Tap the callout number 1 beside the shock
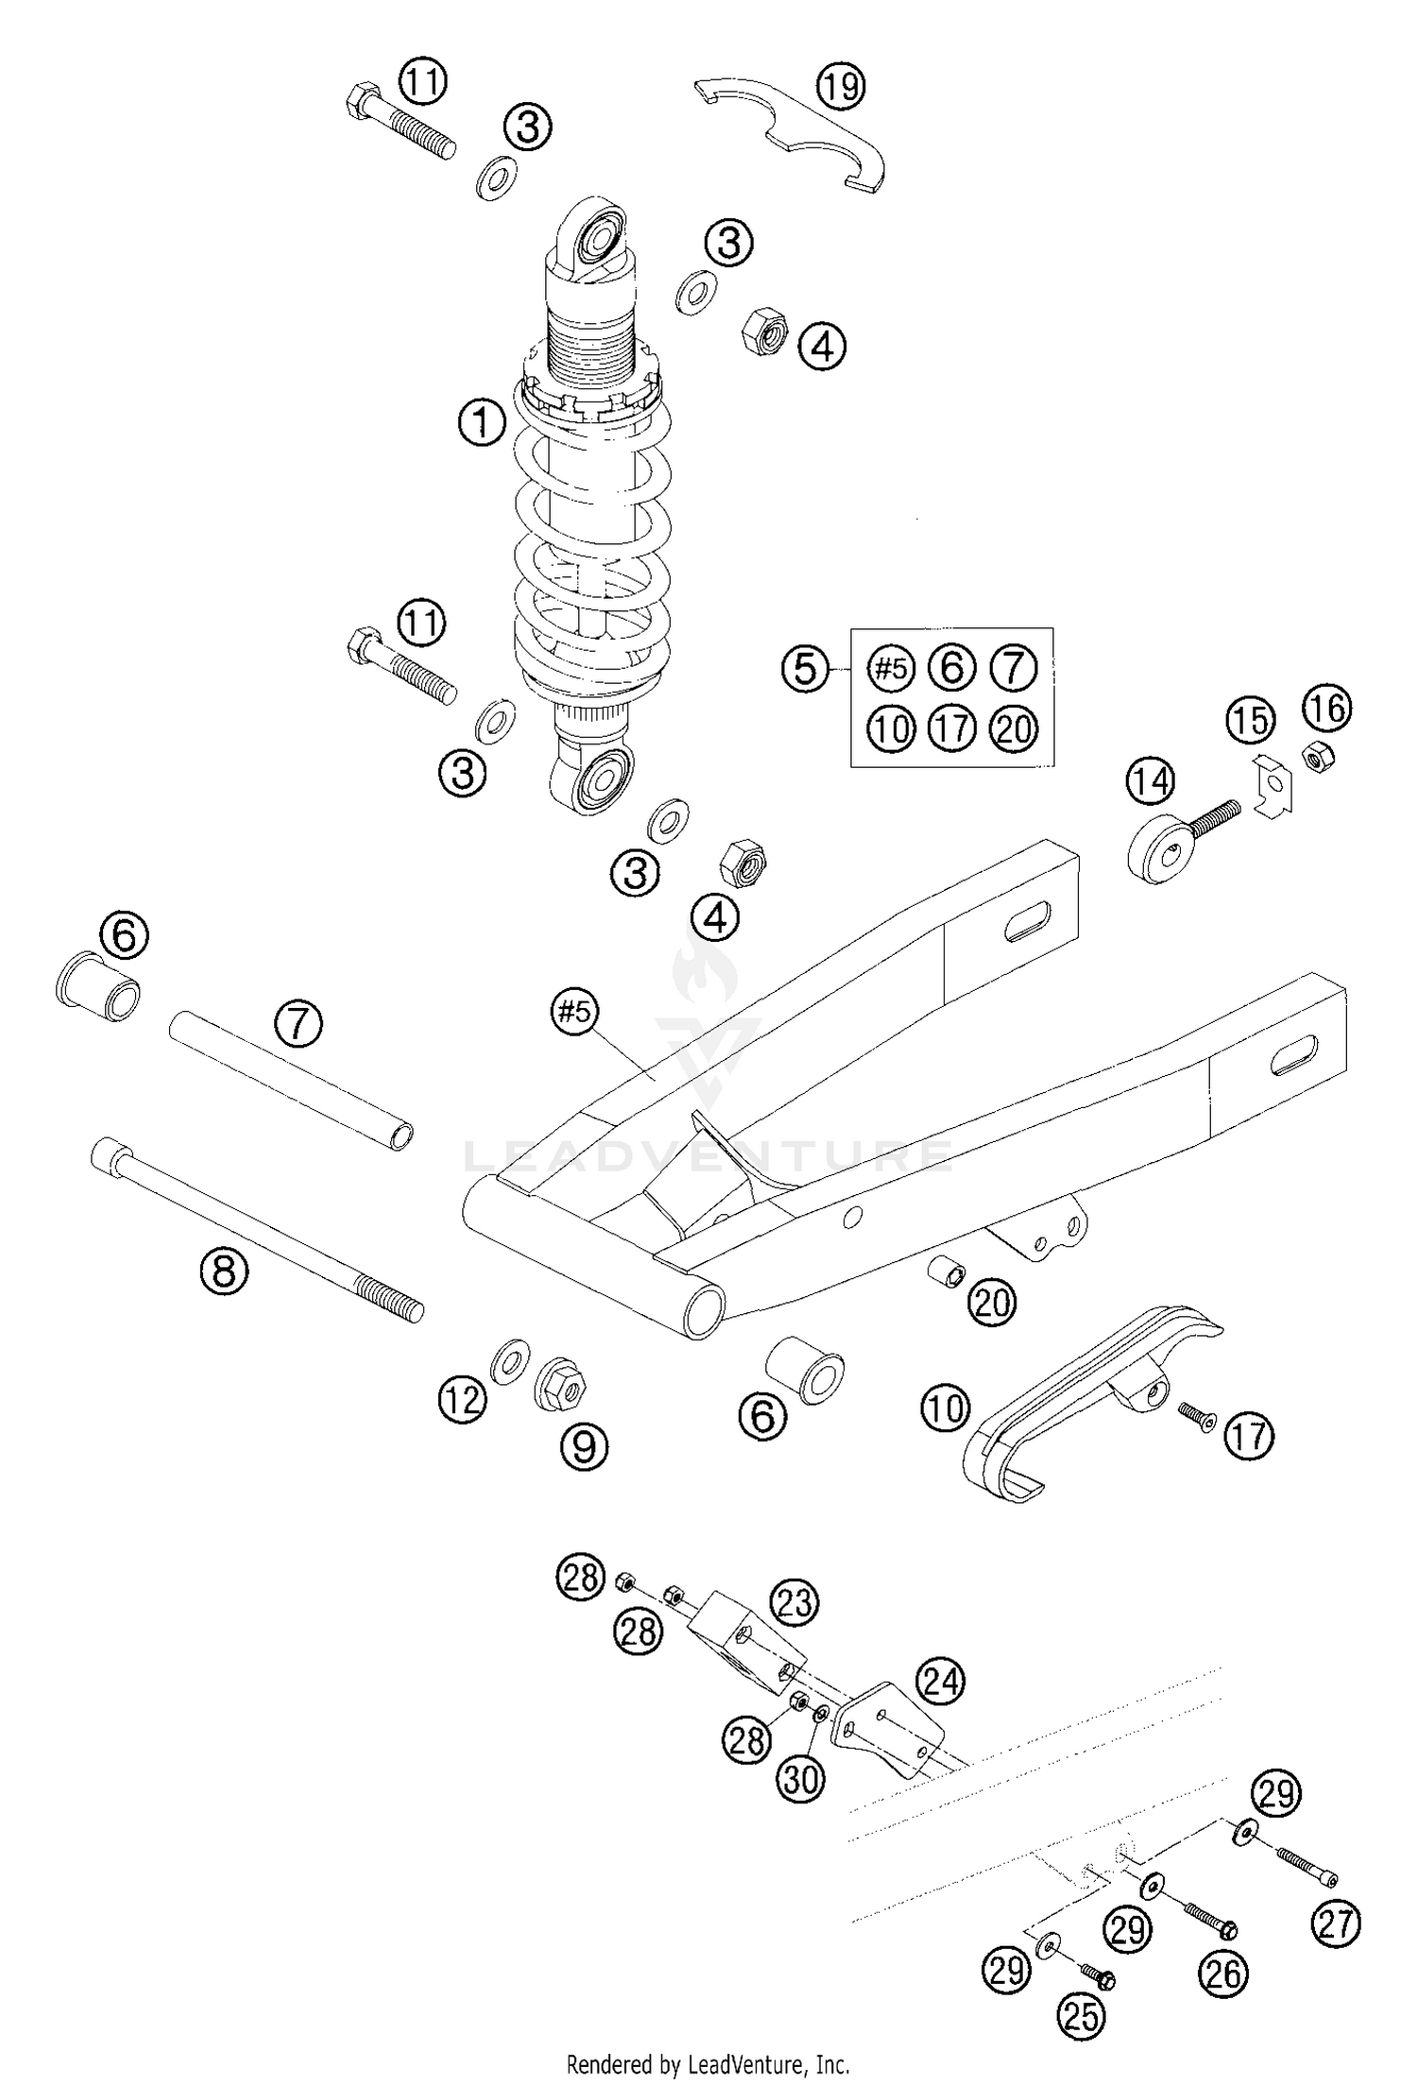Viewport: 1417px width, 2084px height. click(x=482, y=422)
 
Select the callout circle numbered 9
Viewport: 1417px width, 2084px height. click(x=584, y=1445)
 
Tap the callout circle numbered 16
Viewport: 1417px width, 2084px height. click(x=1327, y=709)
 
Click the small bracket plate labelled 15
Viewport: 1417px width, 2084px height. click(x=1272, y=784)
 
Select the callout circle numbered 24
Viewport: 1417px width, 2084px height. click(x=941, y=1682)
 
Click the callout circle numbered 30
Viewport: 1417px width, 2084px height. click(x=801, y=1780)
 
